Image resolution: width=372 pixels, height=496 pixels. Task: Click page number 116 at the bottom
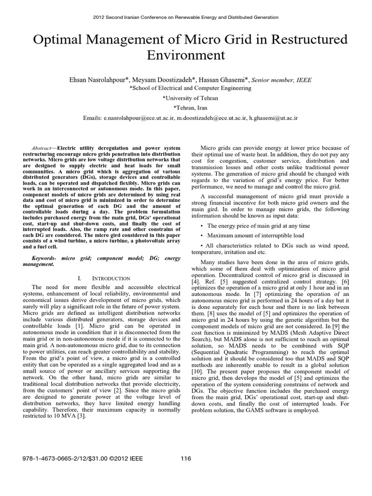coord(186,458)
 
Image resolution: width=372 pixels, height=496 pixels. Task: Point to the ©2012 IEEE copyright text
coord(121,458)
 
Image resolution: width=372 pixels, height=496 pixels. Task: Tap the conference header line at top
coord(186,17)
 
